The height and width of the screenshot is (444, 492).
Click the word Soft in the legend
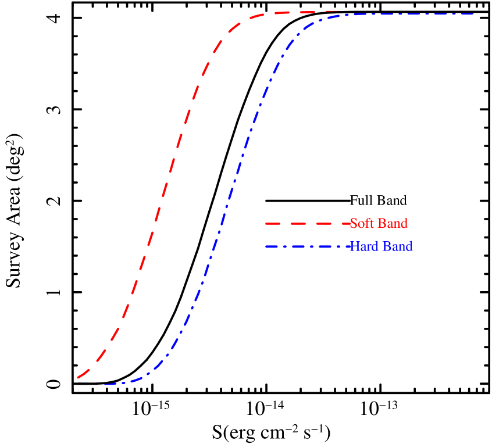click(362, 224)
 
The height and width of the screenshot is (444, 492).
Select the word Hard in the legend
click(363, 246)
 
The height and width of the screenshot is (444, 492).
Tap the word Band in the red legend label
click(393, 224)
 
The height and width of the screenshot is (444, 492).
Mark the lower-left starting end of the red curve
click(78, 378)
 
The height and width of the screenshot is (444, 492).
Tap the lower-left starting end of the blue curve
click(79, 385)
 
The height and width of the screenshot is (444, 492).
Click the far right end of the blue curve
click(487, 13)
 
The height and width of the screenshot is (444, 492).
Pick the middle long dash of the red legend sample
click(306, 224)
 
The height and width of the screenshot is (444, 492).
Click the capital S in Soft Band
click(354, 224)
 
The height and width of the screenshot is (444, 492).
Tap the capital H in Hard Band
click(354, 246)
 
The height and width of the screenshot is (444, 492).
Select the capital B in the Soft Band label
click(382, 224)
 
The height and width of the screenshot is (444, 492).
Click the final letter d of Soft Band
click(404, 224)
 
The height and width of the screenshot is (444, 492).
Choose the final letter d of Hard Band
click(409, 246)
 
